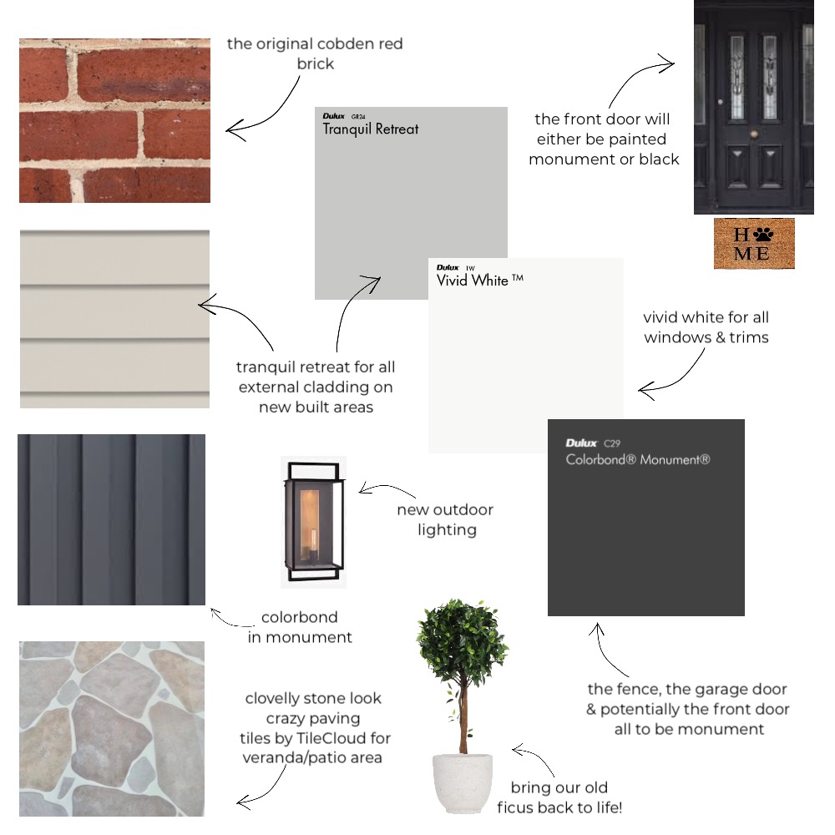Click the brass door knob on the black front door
753,134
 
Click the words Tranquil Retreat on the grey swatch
371,129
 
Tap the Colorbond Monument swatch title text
638,459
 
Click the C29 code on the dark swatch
612,443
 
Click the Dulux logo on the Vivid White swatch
448,267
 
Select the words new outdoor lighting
446,519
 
